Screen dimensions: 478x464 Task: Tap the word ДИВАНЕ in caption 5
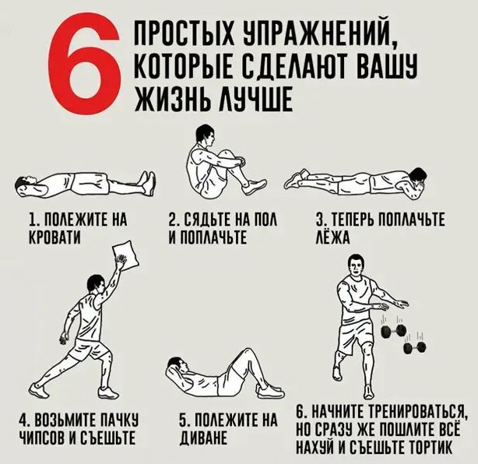pyautogui.click(x=204, y=438)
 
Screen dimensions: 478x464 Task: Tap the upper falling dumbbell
pyautogui.click(x=394, y=330)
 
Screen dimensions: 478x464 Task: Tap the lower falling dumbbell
pyautogui.click(x=415, y=347)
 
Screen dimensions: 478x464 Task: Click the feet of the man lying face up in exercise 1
pyautogui.click(x=147, y=183)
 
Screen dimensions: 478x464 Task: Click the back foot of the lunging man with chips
pyautogui.click(x=39, y=390)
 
